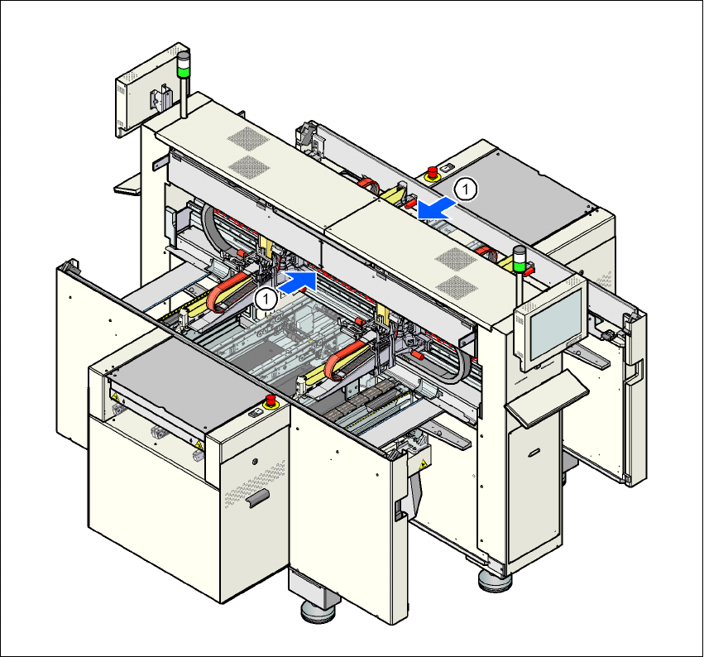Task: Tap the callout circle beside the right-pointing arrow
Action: tap(266, 299)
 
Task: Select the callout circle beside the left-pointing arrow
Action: tap(467, 189)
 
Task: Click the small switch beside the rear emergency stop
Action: tap(447, 168)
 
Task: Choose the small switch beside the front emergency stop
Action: tap(254, 412)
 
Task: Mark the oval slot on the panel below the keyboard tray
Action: tap(534, 452)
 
